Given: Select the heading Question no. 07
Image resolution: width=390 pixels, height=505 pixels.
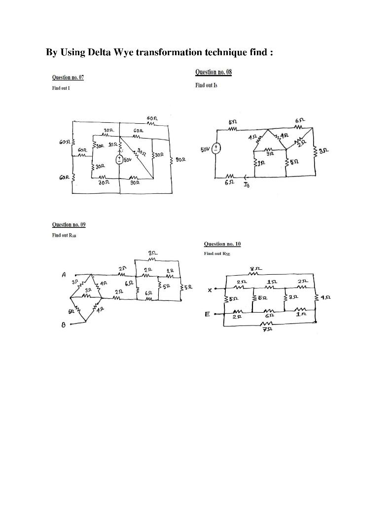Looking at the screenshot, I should tap(68, 77).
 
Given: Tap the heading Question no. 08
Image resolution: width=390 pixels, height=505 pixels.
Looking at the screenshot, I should tap(213, 72).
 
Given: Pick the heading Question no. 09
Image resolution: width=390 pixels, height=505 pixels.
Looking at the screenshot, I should tap(69, 224).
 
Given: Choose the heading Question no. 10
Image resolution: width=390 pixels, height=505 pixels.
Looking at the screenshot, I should tap(222, 244).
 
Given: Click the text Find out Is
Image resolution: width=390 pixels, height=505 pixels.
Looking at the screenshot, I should tap(206, 85).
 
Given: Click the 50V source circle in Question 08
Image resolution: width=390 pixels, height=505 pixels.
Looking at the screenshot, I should tap(217, 148).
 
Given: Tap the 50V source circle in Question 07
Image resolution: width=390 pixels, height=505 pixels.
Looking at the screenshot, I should tap(119, 159).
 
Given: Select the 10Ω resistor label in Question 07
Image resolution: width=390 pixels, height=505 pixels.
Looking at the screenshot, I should tap(113, 144).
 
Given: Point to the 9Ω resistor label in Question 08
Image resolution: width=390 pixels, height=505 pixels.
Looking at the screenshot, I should tap(269, 154).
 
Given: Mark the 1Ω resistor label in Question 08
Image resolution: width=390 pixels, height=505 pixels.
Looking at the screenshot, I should tap(261, 163).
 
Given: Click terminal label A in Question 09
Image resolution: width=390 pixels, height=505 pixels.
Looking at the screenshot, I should tap(64, 275).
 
